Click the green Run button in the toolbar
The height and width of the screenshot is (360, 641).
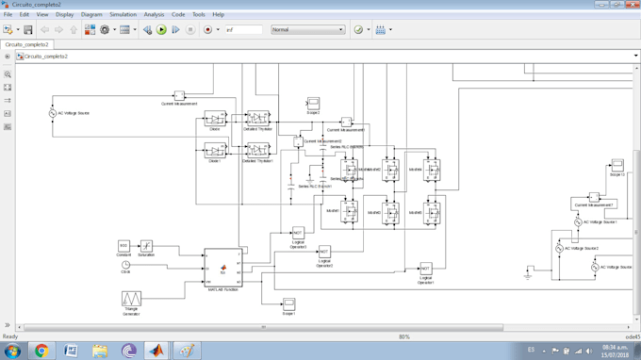pos(161,30)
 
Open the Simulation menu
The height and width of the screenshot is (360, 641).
pos(123,15)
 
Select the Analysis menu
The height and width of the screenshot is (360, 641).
pos(154,15)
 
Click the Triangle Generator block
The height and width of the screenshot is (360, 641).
pos(131,299)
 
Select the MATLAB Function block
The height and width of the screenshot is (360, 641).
pos(223,268)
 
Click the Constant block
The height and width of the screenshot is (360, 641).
pos(123,246)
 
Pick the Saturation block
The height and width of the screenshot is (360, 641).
pos(146,246)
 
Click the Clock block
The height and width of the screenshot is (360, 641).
pos(125,265)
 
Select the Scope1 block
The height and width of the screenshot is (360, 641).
pos(288,303)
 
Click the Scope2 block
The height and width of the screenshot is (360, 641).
pos(313,103)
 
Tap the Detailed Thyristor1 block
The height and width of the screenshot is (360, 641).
pos(257,150)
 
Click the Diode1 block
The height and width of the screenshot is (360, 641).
pos(215,151)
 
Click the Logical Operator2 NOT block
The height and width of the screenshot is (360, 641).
pos(324,253)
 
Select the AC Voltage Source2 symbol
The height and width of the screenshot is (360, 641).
pos(559,249)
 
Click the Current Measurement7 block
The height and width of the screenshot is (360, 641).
pos(594,198)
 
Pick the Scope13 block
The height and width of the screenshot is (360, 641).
pos(616,165)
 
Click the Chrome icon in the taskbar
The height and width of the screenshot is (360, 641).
pos(41,351)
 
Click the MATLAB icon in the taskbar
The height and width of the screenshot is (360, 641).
pos(156,351)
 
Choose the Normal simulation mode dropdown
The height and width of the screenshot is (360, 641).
pos(307,30)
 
